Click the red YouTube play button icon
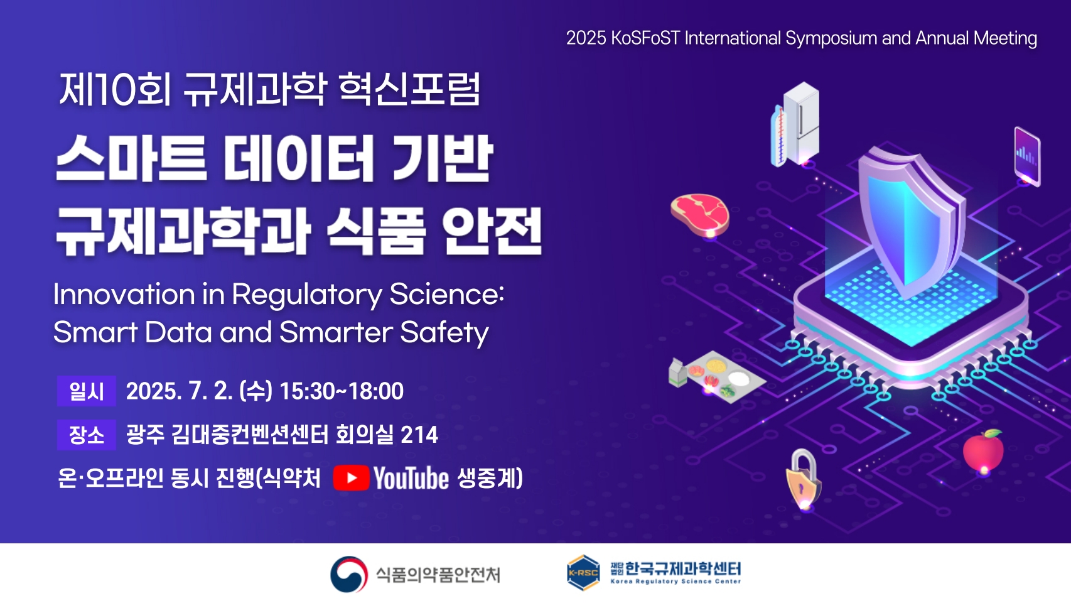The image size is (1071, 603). [352, 477]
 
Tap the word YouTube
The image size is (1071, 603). [411, 478]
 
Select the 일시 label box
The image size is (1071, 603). [87, 391]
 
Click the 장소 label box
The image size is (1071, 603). [87, 435]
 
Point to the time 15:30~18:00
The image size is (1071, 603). [342, 391]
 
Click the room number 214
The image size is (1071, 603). [419, 435]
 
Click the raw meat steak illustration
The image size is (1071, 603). [700, 215]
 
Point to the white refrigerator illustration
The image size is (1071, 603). [801, 123]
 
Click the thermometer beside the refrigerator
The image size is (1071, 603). [778, 136]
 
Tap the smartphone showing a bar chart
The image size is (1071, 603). [1027, 156]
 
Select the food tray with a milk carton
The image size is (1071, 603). [716, 378]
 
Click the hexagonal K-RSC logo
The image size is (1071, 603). [583, 573]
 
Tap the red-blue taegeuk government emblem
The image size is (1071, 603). [349, 574]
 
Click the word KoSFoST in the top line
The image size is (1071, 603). [645, 38]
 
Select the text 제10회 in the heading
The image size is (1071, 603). [115, 89]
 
